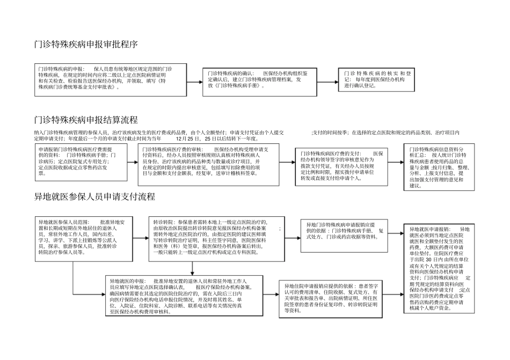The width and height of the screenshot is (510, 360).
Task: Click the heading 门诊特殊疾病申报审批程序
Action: pyautogui.click(x=86, y=45)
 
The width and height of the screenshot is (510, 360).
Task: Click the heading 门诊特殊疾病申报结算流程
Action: pyautogui.click(x=86, y=119)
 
